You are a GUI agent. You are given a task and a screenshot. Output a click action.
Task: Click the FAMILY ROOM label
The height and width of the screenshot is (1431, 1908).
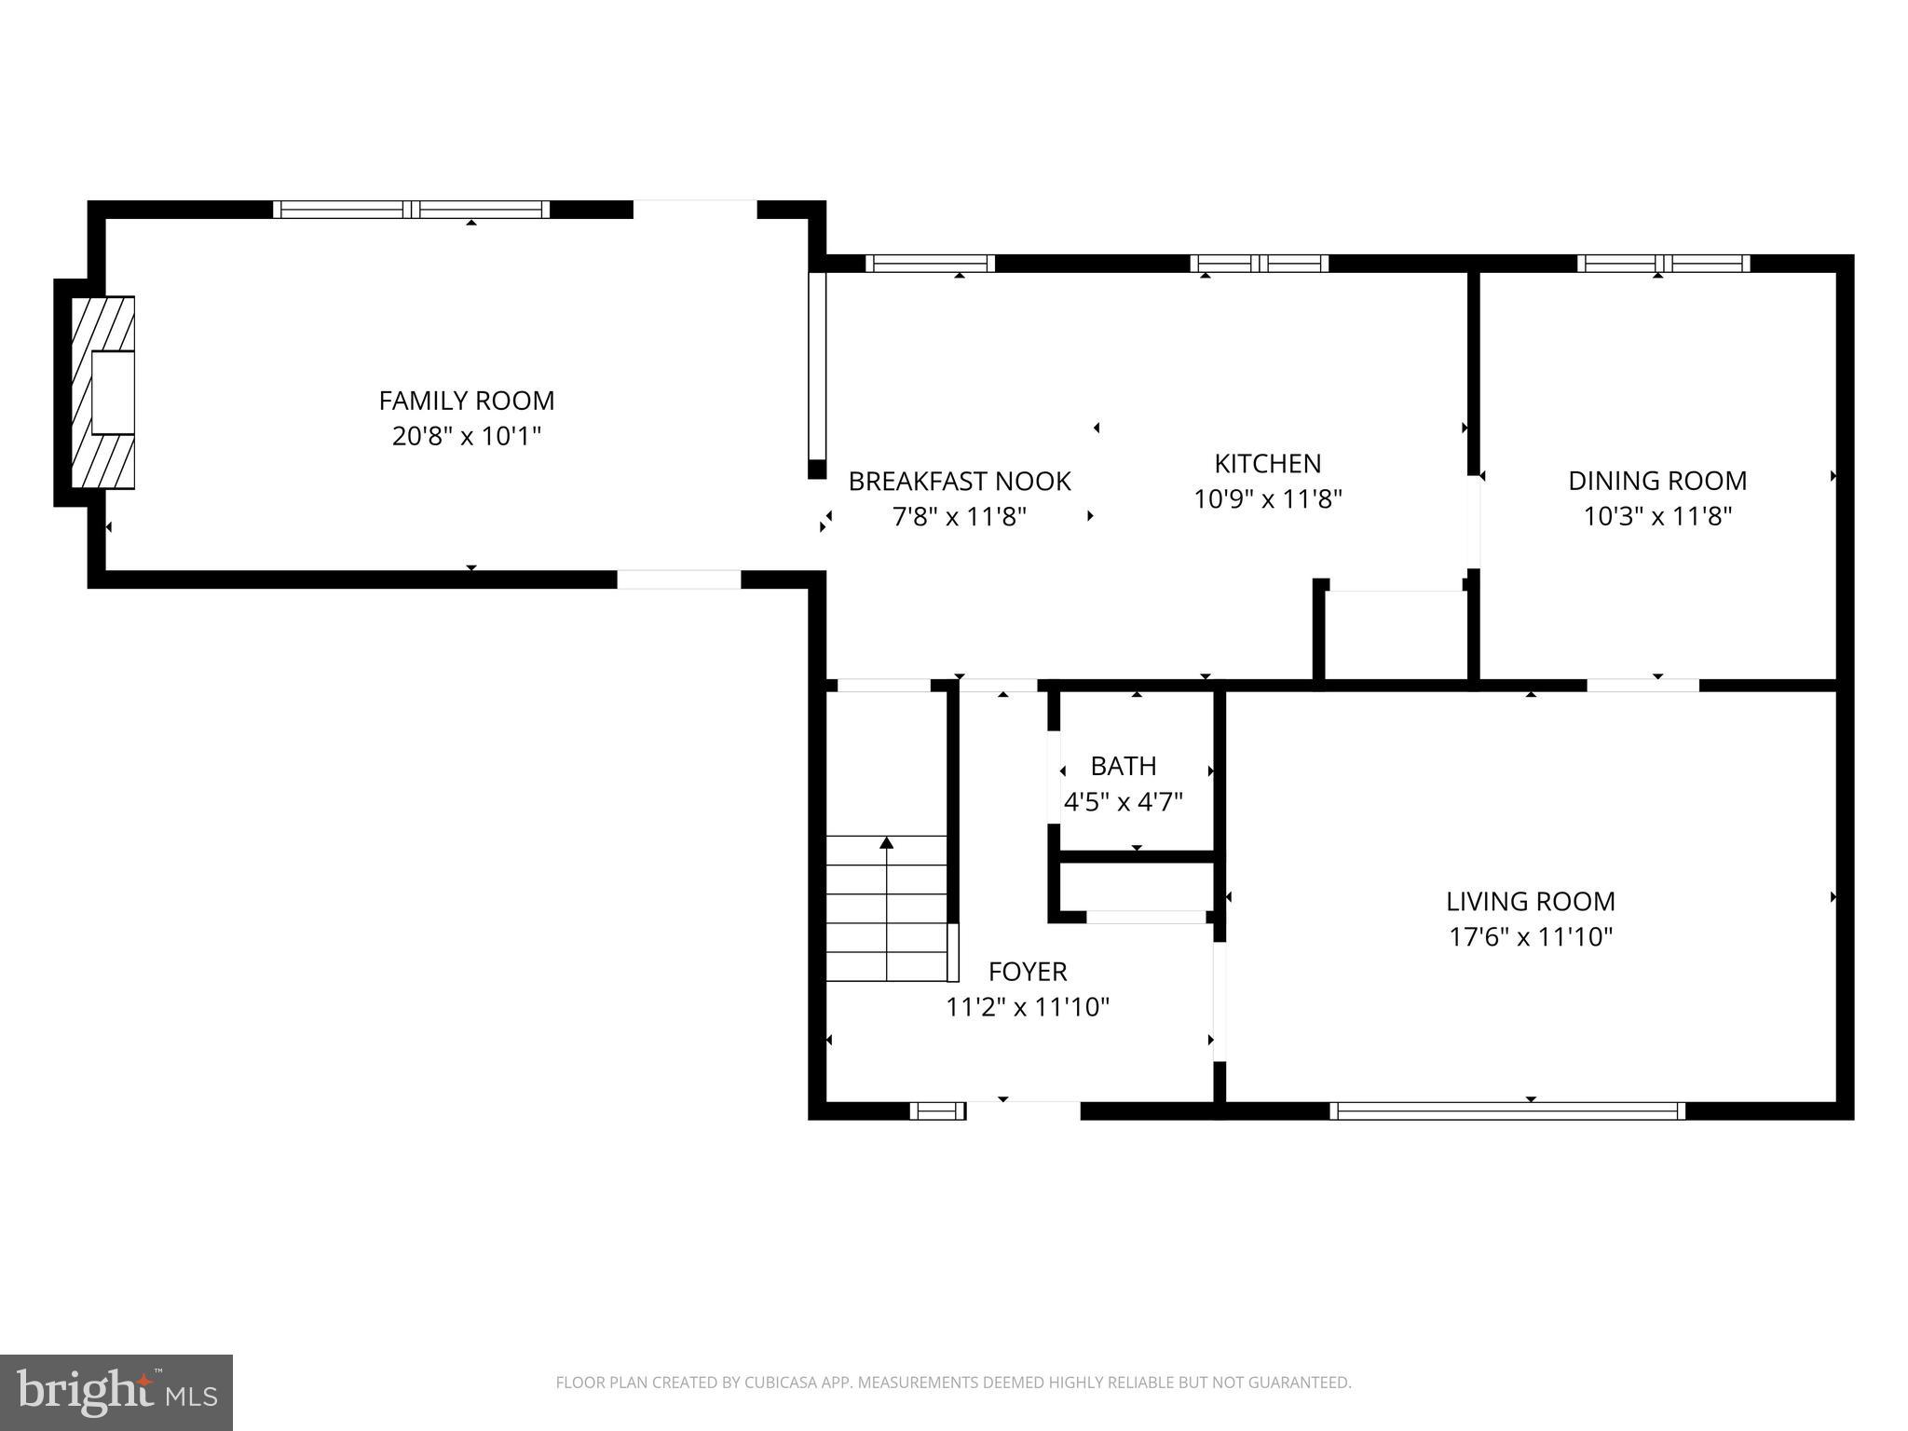(466, 401)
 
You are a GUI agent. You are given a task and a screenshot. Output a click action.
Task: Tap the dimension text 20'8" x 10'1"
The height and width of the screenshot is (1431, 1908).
(466, 436)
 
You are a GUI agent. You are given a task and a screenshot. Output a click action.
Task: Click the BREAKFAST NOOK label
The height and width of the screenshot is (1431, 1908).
(959, 482)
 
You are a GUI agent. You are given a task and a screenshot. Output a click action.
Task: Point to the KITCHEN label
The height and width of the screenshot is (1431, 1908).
(1267, 464)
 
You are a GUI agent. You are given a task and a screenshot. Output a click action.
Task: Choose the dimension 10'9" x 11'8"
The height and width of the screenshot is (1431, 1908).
(1267, 499)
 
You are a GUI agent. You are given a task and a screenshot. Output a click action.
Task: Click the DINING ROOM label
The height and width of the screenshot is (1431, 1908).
(1656, 481)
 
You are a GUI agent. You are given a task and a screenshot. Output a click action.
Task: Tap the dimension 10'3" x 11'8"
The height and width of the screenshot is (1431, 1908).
(1656, 516)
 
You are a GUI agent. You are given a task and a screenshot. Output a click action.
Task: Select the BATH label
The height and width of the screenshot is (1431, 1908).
(1123, 766)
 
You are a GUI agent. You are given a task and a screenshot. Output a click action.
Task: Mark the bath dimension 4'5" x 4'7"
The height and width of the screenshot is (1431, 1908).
(1123, 801)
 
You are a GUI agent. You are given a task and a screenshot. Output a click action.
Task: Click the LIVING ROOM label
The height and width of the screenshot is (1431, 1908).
(1530, 901)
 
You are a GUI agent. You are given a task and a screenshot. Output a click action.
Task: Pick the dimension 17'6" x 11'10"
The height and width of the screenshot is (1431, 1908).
(1530, 936)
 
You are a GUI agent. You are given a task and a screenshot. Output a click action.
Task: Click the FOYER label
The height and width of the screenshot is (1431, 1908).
(1027, 972)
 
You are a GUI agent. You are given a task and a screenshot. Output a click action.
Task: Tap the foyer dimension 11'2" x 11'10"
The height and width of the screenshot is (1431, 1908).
(1027, 1007)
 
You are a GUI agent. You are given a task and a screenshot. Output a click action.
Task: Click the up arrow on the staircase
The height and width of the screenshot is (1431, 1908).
(887, 844)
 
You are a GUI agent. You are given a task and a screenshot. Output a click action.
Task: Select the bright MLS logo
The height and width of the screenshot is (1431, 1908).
(116, 1392)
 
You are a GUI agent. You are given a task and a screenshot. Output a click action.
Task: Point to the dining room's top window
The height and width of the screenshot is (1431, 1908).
(1663, 264)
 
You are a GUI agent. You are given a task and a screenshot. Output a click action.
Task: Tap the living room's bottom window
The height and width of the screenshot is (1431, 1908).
(1506, 1111)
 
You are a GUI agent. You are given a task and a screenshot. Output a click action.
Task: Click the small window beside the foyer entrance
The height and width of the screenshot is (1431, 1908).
(937, 1111)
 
